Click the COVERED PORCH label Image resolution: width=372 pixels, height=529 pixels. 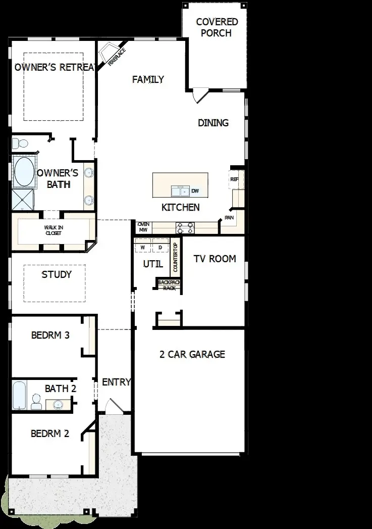(217, 28)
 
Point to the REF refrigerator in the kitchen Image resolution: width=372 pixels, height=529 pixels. (234, 179)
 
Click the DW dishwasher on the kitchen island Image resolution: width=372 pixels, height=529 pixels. (195, 191)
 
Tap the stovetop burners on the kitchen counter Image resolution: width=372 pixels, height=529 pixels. (185, 228)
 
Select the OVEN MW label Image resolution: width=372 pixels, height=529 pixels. (143, 227)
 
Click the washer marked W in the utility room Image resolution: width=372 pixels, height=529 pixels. (142, 248)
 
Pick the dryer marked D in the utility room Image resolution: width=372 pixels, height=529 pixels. (160, 248)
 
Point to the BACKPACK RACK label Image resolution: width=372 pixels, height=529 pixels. (169, 285)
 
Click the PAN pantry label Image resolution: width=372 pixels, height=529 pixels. (229, 218)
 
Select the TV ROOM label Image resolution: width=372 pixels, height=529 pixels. (215, 259)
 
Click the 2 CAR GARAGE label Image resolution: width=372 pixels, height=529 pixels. (192, 354)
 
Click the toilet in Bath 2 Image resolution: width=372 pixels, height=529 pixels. (36, 402)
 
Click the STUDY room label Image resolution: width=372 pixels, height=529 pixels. (57, 275)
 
